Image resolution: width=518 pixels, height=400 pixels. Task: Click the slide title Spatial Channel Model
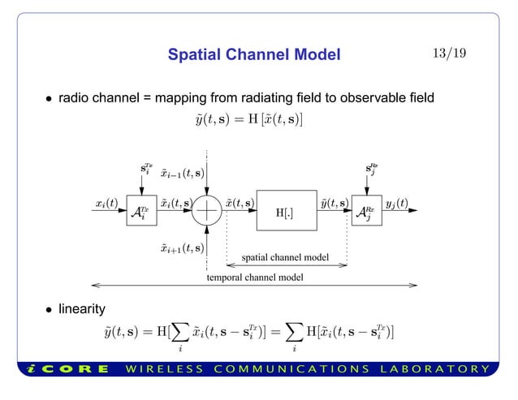[x=253, y=55]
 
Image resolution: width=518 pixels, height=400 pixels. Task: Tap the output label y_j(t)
[x=397, y=203]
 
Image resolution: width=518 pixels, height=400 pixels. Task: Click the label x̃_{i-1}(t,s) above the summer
[x=181, y=172]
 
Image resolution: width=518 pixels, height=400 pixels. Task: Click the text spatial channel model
[x=286, y=258]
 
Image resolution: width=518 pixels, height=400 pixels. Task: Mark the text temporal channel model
[x=255, y=277]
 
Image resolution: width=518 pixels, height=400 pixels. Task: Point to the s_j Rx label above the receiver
[x=372, y=171]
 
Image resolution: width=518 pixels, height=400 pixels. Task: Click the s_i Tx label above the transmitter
[x=142, y=171]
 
